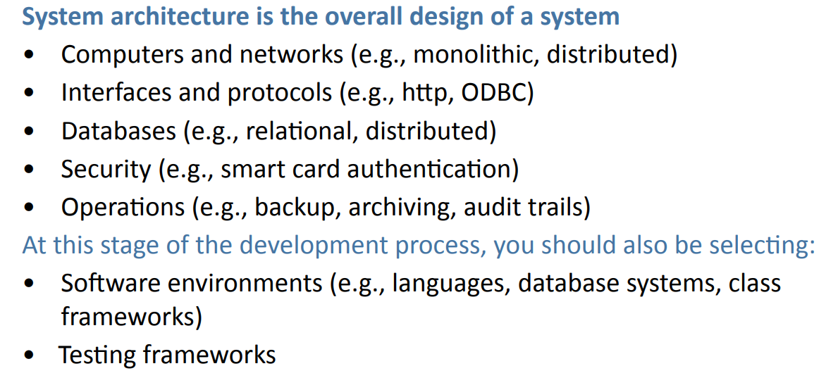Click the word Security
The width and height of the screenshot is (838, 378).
(x=106, y=169)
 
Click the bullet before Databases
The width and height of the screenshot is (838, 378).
(x=27, y=132)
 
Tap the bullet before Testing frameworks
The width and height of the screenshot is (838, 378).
(x=27, y=355)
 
